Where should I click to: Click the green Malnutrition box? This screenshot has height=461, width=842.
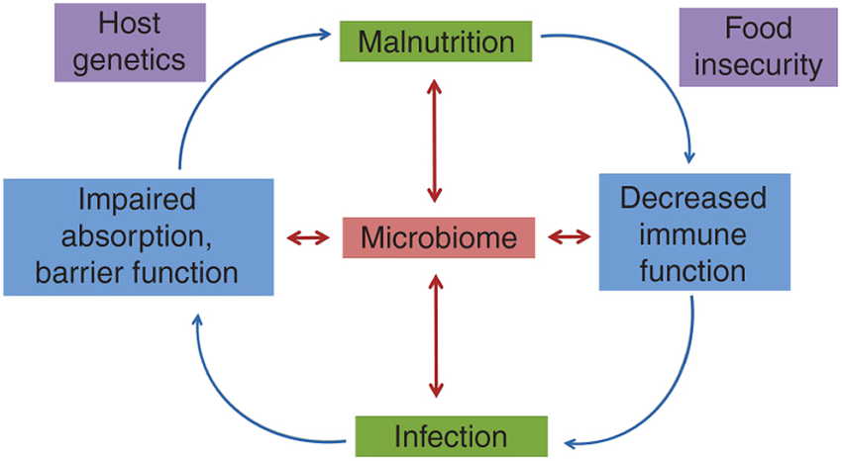pyautogui.click(x=436, y=42)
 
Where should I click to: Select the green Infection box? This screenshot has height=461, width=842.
pyautogui.click(x=451, y=436)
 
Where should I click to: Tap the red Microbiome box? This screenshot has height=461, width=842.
pyautogui.click(x=439, y=237)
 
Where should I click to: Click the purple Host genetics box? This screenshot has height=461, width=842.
pyautogui.click(x=130, y=43)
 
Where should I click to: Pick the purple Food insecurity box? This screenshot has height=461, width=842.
pyautogui.click(x=758, y=47)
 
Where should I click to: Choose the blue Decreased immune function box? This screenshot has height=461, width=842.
pyautogui.click(x=694, y=232)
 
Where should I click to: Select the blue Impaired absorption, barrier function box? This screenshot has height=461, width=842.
pyautogui.click(x=139, y=237)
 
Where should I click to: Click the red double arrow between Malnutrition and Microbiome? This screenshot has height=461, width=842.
pyautogui.click(x=435, y=141)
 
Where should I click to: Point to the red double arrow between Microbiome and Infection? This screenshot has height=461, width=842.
pyautogui.click(x=436, y=336)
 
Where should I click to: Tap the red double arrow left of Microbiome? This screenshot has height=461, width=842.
pyautogui.click(x=308, y=237)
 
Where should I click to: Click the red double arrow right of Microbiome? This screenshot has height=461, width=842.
pyautogui.click(x=570, y=236)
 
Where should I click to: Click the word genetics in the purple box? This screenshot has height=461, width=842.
pyautogui.click(x=130, y=60)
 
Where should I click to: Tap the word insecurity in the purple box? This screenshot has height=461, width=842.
pyautogui.click(x=758, y=65)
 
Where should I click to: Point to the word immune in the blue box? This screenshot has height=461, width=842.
pyautogui.click(x=692, y=234)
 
